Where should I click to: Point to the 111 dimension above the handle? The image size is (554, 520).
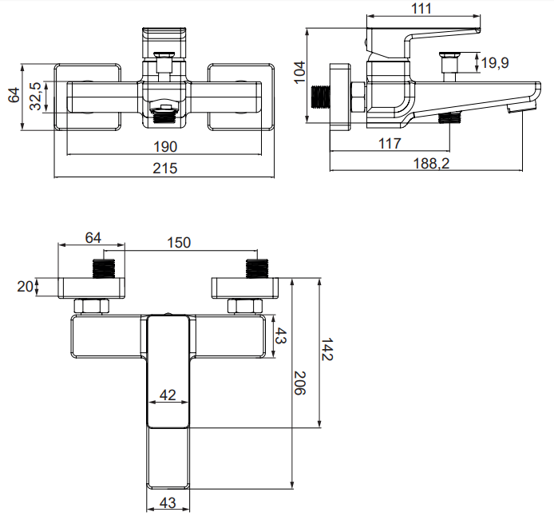[x=423, y=9]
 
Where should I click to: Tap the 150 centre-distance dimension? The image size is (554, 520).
[x=180, y=242]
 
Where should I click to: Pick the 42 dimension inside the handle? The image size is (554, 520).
[x=168, y=394]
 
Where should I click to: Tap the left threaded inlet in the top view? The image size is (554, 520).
[x=105, y=268]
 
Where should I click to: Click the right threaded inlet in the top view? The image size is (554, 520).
[x=256, y=268]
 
